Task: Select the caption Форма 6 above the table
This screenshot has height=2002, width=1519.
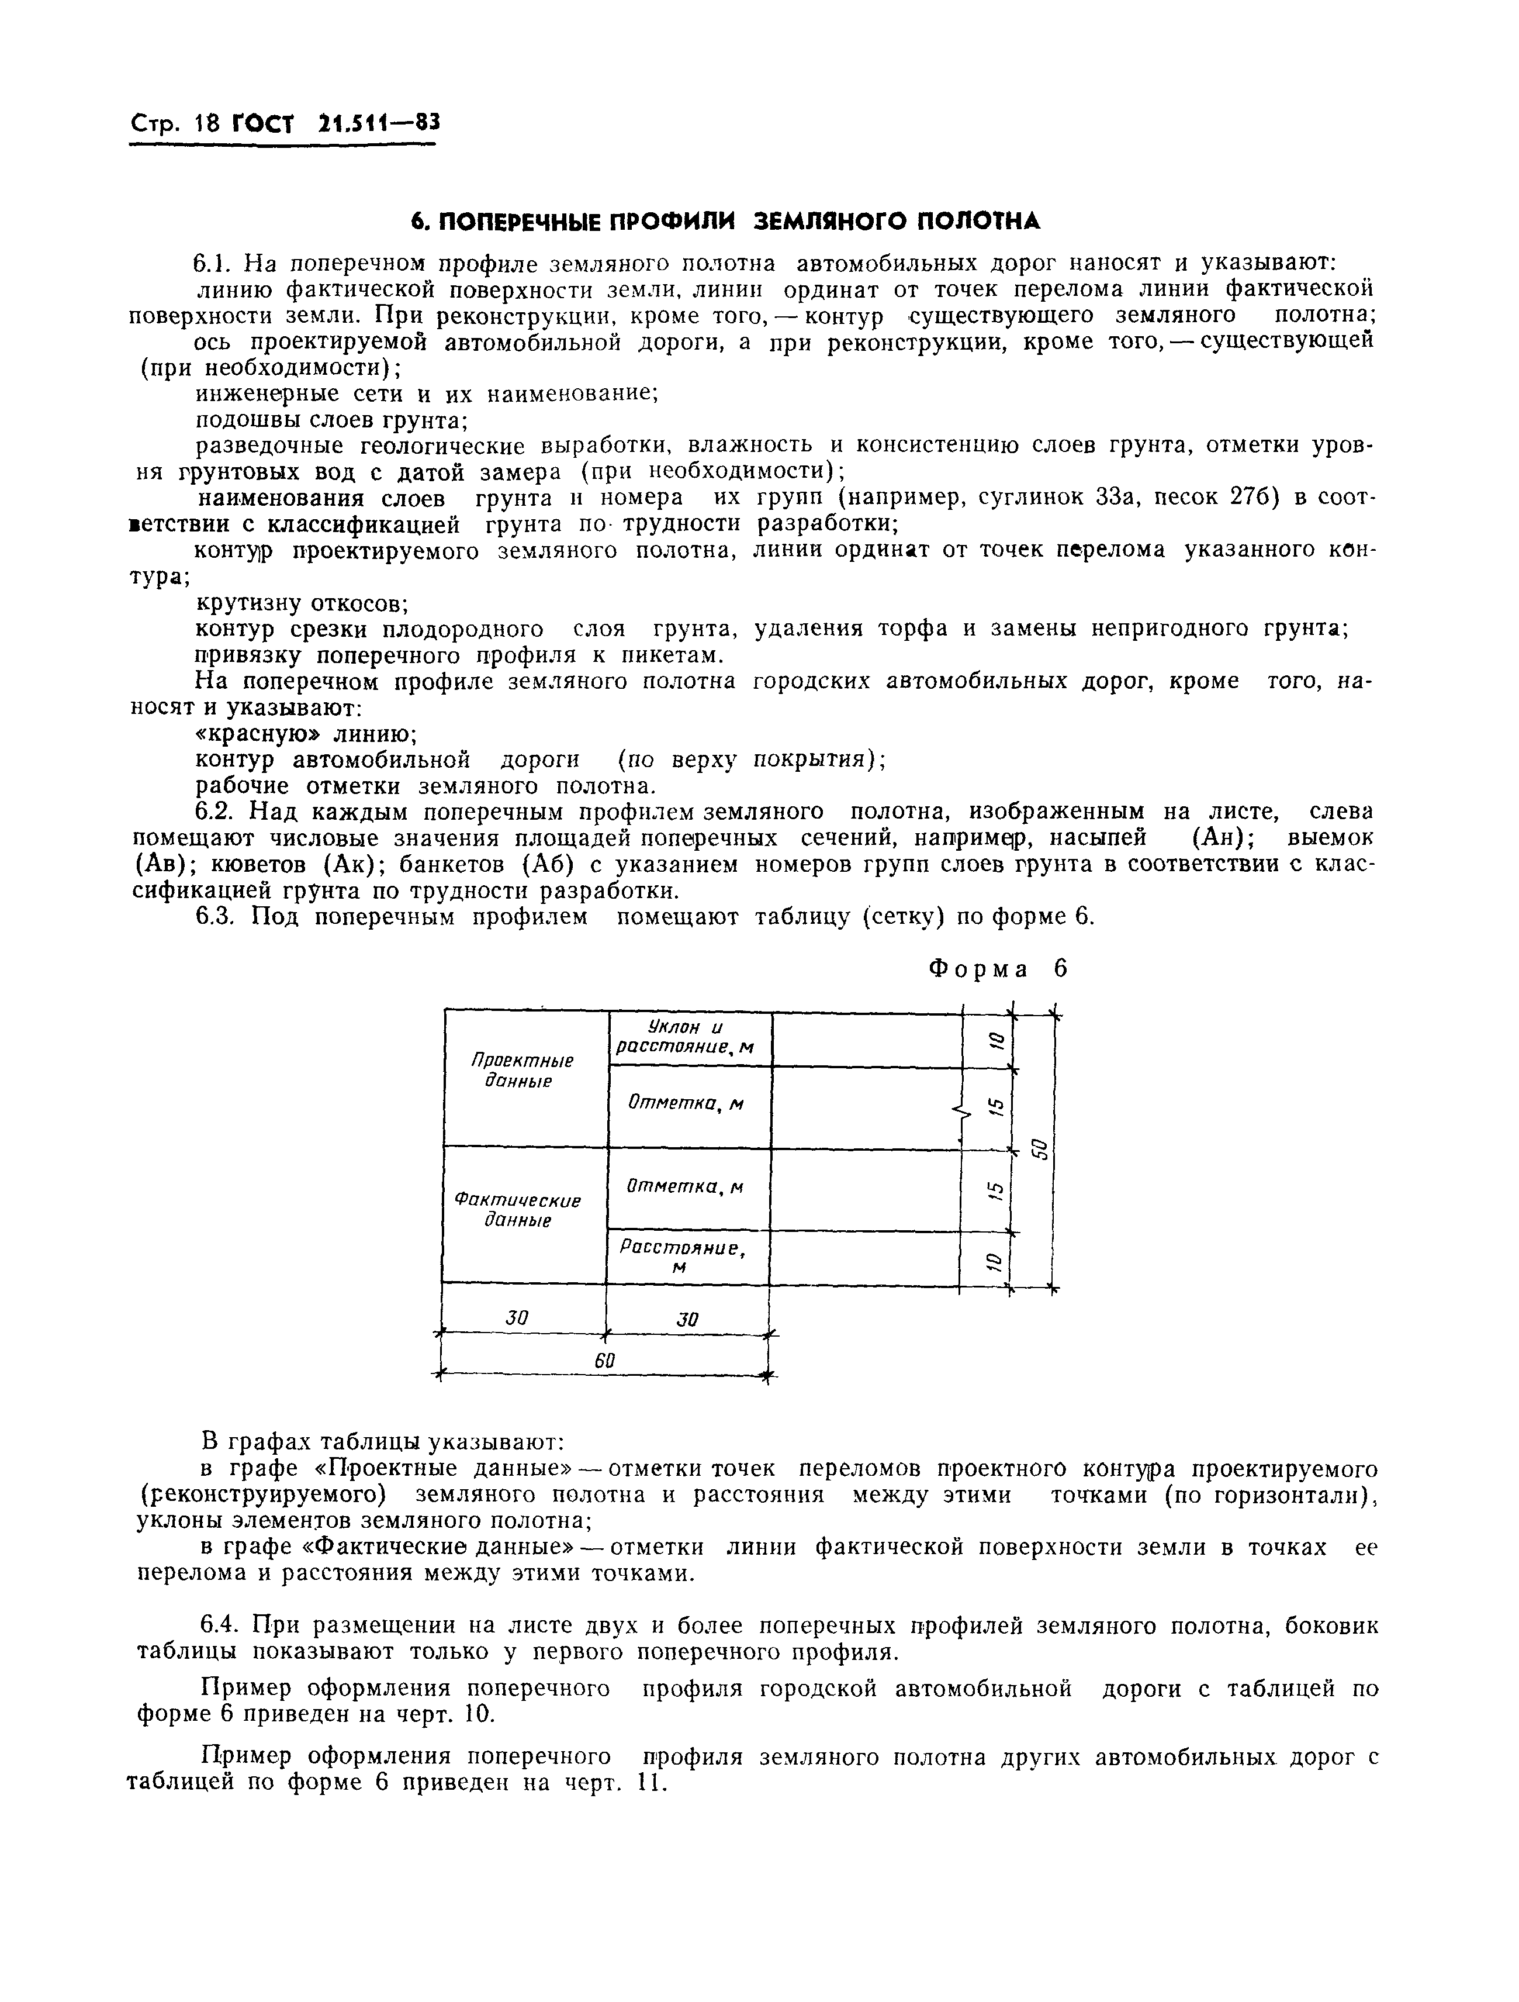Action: (x=998, y=969)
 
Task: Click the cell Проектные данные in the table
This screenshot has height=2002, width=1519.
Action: (x=524, y=1070)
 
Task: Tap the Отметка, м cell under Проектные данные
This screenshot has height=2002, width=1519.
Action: (x=687, y=1104)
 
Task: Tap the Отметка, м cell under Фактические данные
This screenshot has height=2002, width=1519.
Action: (x=686, y=1186)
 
